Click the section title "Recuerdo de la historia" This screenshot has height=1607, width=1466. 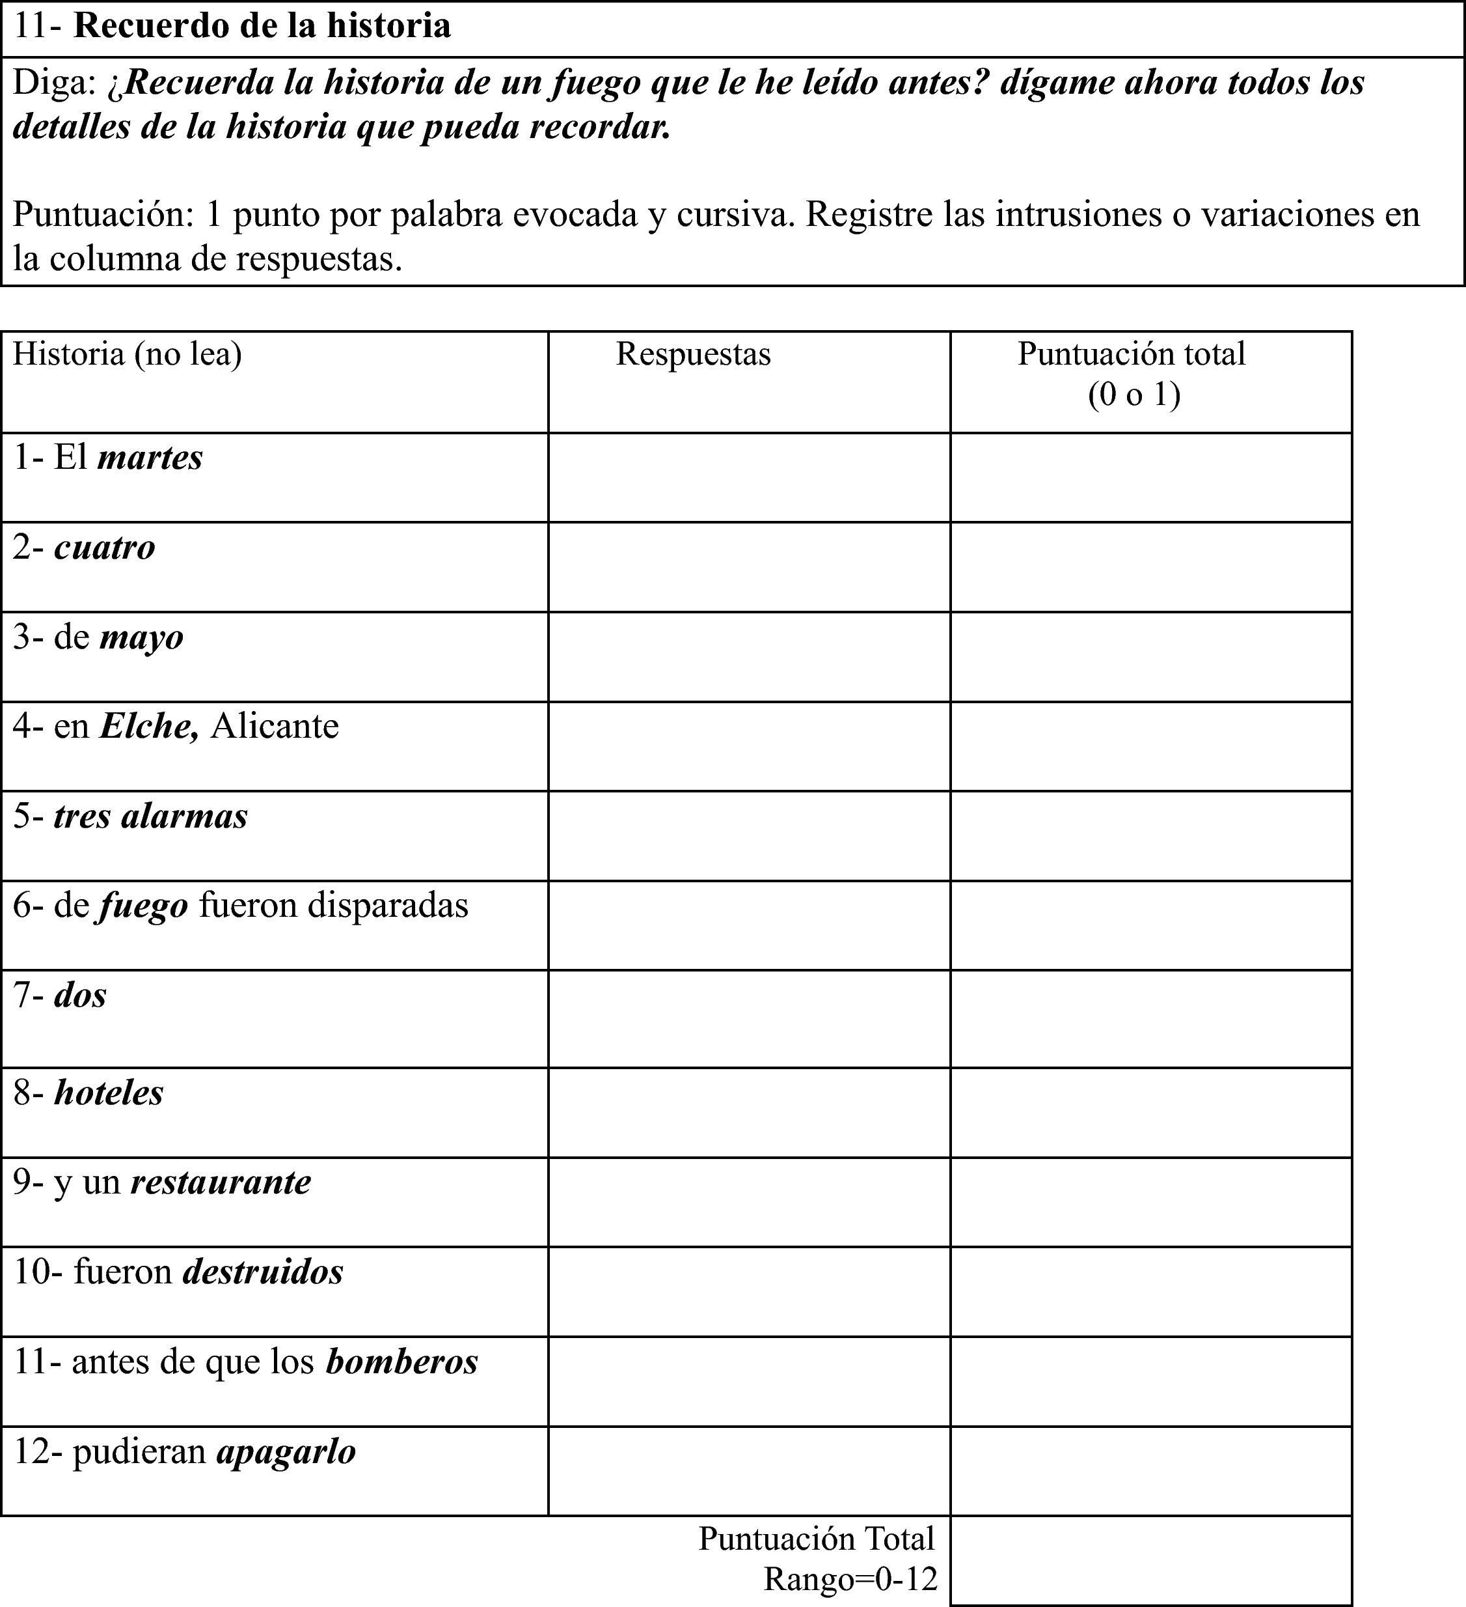click(262, 26)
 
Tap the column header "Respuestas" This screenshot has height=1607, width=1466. click(693, 355)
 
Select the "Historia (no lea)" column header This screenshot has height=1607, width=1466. click(128, 355)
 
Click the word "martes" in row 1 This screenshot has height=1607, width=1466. click(150, 458)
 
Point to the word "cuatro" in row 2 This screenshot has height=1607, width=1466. click(104, 548)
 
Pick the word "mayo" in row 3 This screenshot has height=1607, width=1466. click(142, 637)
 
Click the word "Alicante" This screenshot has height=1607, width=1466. click(275, 726)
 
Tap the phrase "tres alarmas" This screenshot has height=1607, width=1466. click(150, 817)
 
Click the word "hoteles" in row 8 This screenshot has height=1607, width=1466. click(109, 1093)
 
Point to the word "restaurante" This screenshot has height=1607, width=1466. click(221, 1182)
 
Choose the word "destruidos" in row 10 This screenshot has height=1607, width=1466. click(263, 1272)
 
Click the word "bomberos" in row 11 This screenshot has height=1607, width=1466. click(401, 1362)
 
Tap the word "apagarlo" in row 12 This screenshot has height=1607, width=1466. click(286, 1451)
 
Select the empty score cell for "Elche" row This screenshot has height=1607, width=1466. click(1150, 746)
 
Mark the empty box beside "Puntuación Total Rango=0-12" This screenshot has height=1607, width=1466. click(1150, 1560)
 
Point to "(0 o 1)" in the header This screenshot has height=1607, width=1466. click(1133, 395)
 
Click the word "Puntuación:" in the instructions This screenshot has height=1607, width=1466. click(103, 214)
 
